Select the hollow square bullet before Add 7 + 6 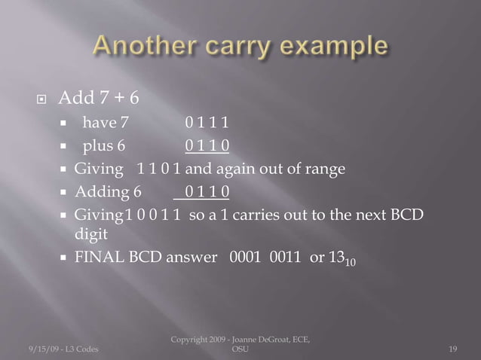click(x=38, y=98)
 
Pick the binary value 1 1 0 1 click(x=158, y=169)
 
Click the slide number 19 click(x=453, y=347)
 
